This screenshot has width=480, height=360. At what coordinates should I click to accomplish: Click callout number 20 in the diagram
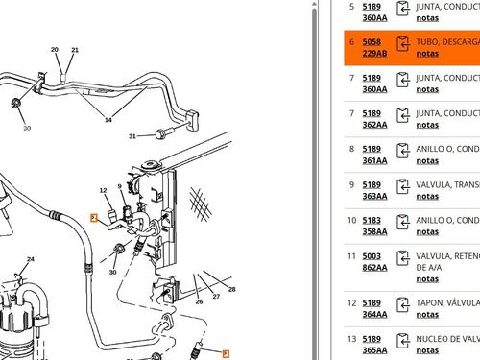[54, 50]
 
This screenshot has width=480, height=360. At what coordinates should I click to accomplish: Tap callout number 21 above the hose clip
[76, 50]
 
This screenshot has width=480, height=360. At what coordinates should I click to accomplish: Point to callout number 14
[108, 120]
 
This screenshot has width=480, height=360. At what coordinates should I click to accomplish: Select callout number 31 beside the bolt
[132, 136]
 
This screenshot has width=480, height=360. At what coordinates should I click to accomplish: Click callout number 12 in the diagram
[104, 190]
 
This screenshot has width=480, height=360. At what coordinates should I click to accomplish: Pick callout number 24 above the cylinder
[30, 259]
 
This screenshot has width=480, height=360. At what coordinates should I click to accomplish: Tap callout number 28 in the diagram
[230, 288]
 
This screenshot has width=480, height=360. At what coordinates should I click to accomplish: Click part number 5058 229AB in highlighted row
[374, 48]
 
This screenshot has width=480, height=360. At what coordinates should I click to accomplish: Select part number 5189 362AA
[374, 118]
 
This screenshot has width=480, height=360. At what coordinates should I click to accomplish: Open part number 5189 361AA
[374, 155]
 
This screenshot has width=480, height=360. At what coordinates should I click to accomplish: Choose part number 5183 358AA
[374, 226]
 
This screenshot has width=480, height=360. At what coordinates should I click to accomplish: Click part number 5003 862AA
[374, 261]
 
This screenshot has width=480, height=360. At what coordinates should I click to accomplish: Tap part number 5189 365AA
[374, 344]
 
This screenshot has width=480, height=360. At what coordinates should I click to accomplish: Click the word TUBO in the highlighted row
[430, 43]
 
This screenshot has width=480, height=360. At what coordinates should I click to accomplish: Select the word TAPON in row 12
[431, 302]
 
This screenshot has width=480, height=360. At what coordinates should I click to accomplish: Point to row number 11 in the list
[351, 255]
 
